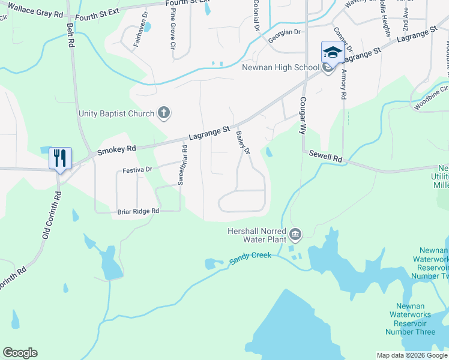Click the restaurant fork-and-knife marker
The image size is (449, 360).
[x=60, y=158]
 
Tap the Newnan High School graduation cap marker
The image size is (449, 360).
[x=332, y=52]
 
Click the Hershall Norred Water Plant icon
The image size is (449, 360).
[x=295, y=233]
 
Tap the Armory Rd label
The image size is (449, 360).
[x=343, y=83]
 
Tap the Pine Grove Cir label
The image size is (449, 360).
[x=173, y=29]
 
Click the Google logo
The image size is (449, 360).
[x=20, y=353]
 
